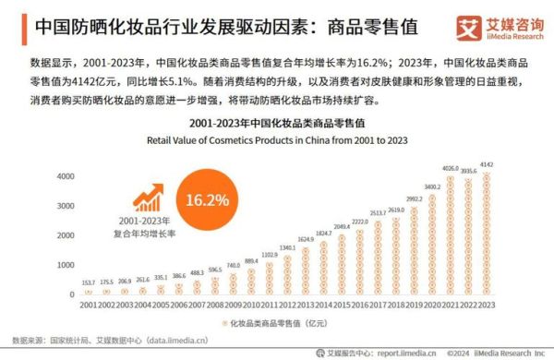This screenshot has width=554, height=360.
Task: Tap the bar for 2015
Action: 342,265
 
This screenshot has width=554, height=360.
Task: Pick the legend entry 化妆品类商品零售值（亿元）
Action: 277,321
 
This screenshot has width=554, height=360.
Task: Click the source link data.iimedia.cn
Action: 184,339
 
